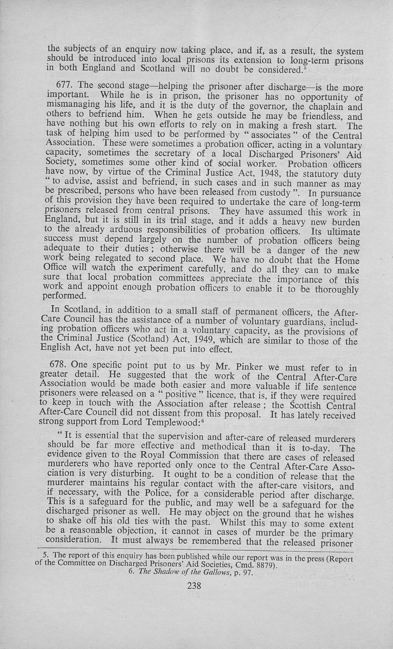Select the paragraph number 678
tap(59, 365)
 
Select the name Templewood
tap(173, 422)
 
